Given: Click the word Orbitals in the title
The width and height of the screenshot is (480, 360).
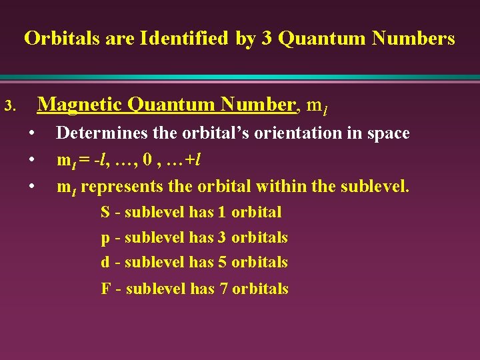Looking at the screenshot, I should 57,39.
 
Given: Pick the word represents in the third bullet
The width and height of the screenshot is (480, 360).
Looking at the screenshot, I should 117,187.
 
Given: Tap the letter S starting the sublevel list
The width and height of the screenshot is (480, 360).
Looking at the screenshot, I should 105,213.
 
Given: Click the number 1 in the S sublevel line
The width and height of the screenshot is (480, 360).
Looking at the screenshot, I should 223,213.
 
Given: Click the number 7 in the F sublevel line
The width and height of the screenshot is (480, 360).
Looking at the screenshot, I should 223,289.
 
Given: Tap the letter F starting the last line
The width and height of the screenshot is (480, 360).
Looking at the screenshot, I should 105,289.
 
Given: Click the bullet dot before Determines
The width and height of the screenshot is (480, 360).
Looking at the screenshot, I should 32,133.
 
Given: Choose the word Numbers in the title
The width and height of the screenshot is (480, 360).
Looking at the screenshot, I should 414,39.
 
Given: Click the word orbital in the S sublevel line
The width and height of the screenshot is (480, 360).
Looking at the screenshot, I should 257,213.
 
